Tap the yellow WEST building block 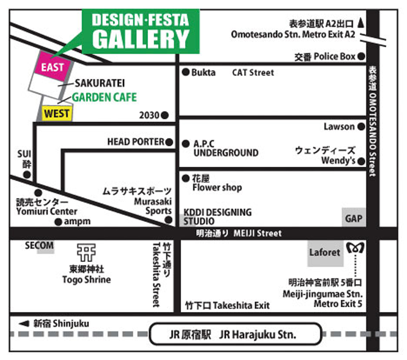click(57, 114)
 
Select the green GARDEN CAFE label click(104, 98)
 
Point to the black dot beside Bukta click(185, 73)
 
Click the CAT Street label click(253, 73)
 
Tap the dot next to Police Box click(361, 56)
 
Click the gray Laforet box click(325, 252)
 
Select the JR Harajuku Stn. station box click(235, 334)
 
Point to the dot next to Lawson click(361, 127)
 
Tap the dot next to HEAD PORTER click(169, 142)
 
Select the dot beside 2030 click(165, 115)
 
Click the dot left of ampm click(58, 222)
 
